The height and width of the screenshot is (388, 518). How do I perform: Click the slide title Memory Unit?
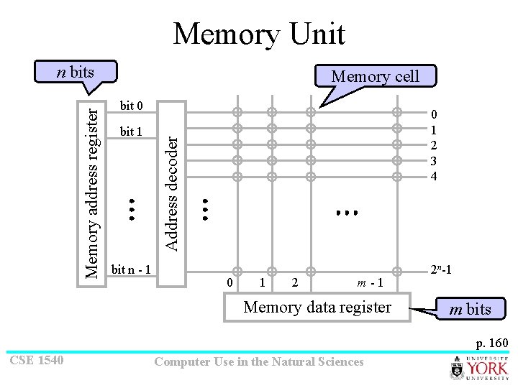click(259, 34)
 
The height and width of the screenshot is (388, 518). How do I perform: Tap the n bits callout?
click(76, 72)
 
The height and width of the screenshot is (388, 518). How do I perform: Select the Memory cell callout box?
click(374, 76)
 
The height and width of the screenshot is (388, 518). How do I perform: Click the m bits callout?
click(470, 309)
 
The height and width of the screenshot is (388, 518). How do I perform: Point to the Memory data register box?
click(317, 308)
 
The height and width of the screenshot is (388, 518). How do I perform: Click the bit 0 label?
click(132, 106)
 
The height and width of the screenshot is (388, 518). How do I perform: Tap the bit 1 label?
click(132, 131)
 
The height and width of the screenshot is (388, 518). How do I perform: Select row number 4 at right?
click(433, 176)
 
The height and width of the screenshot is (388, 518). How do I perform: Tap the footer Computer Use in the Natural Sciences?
click(259, 361)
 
